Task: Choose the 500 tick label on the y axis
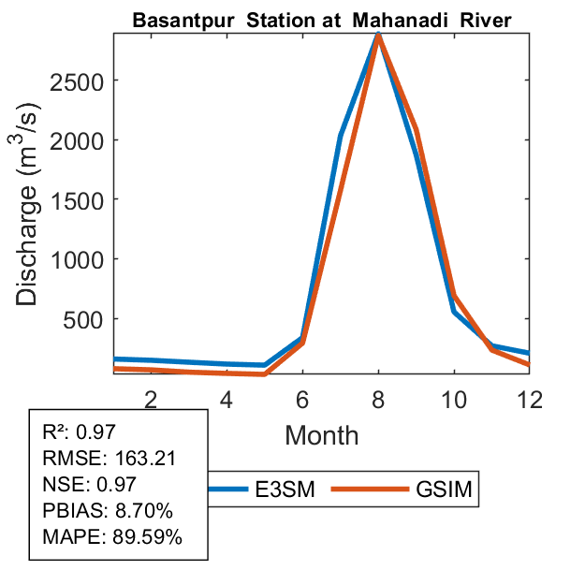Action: (x=77, y=319)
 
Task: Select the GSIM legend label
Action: (x=444, y=489)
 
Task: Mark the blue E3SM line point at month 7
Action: (x=341, y=136)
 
